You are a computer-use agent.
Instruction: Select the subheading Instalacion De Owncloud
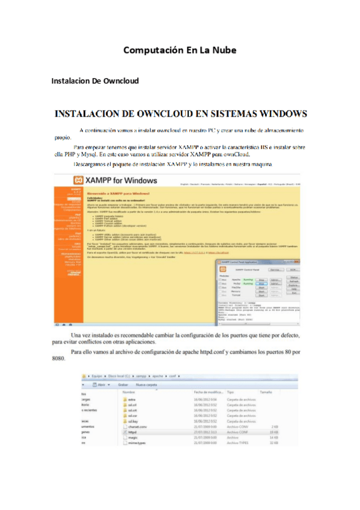click(95, 81)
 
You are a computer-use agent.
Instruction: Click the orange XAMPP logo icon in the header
click(78, 179)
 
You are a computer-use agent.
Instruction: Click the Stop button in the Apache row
click(261, 279)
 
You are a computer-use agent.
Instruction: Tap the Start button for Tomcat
click(261, 296)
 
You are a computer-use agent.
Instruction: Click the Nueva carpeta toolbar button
click(146, 383)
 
